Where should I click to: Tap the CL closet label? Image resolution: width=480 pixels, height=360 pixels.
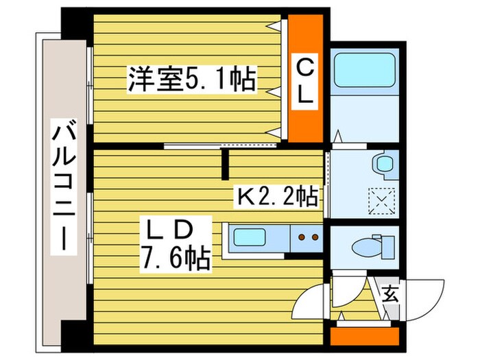tap(306, 82)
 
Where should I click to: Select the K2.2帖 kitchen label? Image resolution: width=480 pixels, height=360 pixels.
tap(278, 197)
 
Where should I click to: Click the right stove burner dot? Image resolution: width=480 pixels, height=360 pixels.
tap(315, 239)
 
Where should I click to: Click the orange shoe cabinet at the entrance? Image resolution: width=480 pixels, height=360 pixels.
tap(363, 337)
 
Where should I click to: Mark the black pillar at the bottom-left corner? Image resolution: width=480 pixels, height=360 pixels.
tap(74, 336)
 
